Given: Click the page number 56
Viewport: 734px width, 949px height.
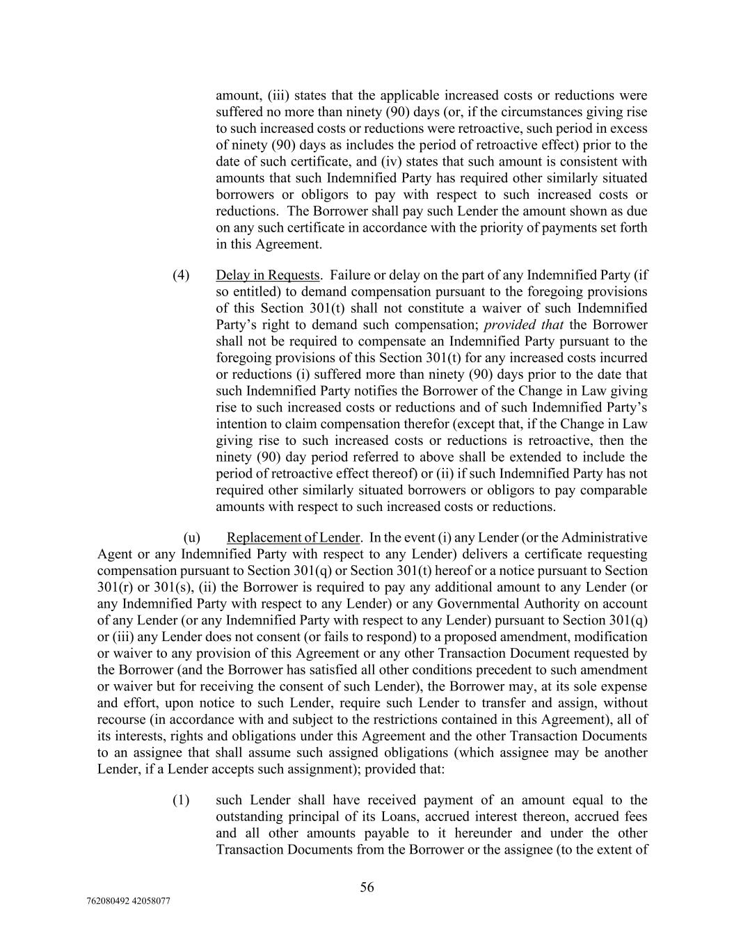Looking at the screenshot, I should coord(367,887).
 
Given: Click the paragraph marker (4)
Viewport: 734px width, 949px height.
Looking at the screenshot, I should coord(181,275).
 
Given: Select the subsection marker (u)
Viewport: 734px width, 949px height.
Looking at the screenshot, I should coord(192,538).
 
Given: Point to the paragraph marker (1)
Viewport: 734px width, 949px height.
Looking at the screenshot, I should coord(181,800).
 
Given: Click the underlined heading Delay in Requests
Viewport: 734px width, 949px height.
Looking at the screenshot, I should coord(268,275).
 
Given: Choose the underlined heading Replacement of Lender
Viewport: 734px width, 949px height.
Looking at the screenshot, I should coord(294,538).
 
